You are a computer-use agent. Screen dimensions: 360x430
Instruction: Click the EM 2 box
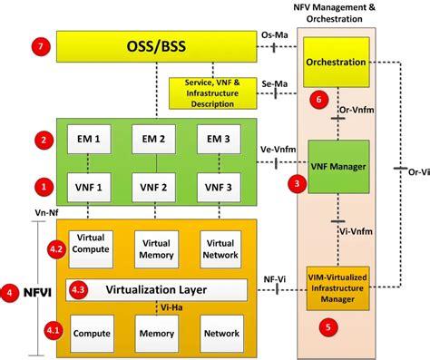coord(155,141)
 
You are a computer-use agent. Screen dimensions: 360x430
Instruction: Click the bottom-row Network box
coord(220,333)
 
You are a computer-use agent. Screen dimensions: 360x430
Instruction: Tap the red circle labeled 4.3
coord(80,290)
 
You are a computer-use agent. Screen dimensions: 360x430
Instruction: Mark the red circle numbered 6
coord(317,100)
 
